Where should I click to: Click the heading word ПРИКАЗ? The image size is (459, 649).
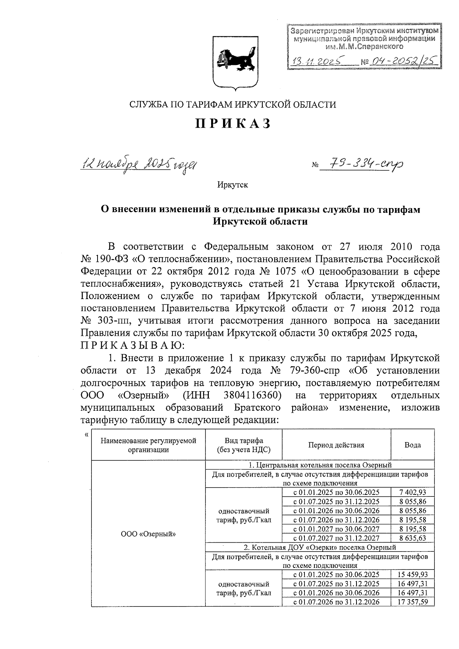pyautogui.click(x=233, y=124)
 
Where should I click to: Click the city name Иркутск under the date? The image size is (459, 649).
pyautogui.click(x=233, y=185)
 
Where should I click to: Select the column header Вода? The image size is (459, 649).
pyautogui.click(x=412, y=445)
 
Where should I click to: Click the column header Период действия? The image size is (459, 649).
pyautogui.click(x=336, y=445)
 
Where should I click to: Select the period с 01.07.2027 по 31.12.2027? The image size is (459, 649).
pyautogui.click(x=336, y=538)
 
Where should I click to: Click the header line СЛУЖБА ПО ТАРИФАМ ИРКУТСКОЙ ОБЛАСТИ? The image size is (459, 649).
pyautogui.click(x=233, y=104)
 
